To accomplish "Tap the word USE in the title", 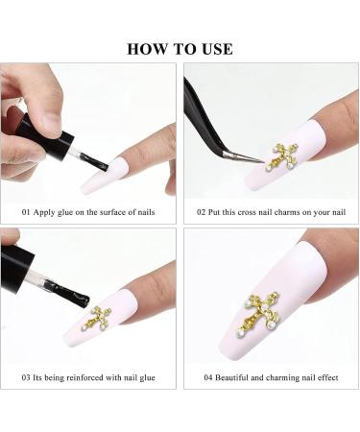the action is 217,49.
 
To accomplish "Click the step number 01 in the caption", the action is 26,212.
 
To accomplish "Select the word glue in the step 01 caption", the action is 65,213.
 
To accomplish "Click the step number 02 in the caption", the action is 201,212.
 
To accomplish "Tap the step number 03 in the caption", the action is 26,378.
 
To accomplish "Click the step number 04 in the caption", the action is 208,378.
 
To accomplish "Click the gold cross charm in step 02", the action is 281,156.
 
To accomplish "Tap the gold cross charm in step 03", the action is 96,319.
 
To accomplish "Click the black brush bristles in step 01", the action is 95,162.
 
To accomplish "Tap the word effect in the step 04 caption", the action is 327,378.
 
